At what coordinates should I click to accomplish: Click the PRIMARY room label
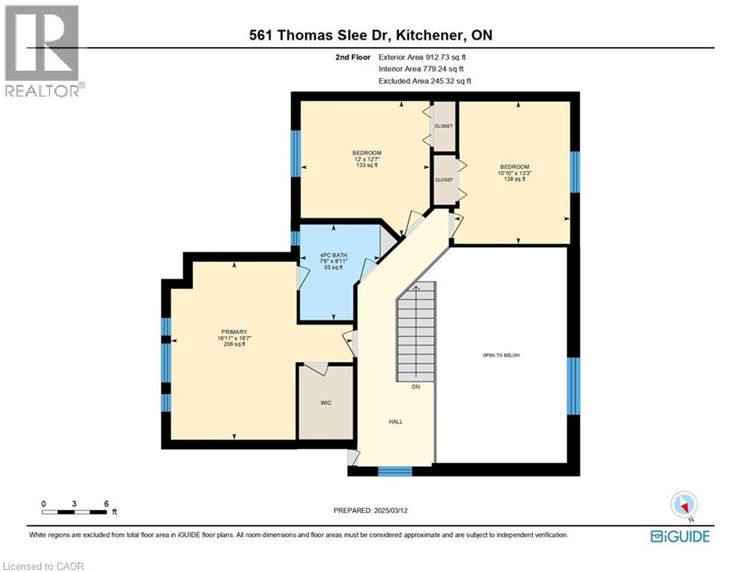tap(233, 331)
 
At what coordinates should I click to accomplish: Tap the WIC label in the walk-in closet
tap(325, 403)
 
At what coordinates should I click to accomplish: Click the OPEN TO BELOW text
tap(501, 355)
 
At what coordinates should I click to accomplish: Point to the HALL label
tap(395, 422)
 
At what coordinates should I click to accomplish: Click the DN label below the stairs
tap(416, 387)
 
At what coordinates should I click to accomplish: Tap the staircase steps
tap(415, 336)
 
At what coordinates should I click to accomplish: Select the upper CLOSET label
tap(444, 126)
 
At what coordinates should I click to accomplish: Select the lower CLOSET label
tap(444, 179)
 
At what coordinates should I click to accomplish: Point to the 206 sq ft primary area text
tap(233, 345)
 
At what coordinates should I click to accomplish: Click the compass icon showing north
tap(682, 504)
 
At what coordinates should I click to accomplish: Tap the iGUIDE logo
tap(679, 536)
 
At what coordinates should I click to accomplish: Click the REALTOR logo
tap(44, 51)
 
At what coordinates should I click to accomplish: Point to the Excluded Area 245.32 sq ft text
tap(424, 80)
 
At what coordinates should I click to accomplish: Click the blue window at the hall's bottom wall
tap(395, 471)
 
